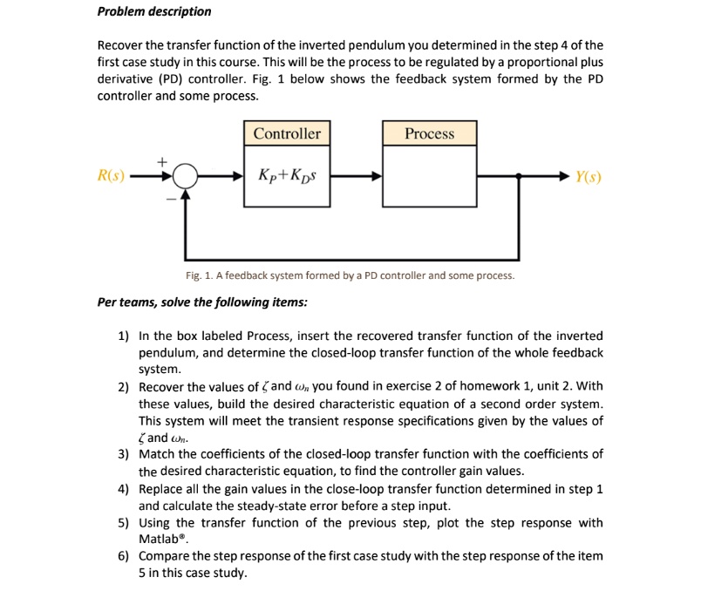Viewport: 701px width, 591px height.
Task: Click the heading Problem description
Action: (x=153, y=11)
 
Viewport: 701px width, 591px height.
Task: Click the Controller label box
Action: (x=287, y=133)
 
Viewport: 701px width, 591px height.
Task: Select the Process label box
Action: (x=429, y=133)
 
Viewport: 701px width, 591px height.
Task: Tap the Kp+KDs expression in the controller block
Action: (x=287, y=176)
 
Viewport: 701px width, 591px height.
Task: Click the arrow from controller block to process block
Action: (x=356, y=177)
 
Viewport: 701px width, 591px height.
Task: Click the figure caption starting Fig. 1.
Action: (x=350, y=275)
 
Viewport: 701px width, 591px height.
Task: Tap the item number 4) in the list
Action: (x=123, y=488)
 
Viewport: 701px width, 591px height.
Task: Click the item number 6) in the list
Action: (x=123, y=556)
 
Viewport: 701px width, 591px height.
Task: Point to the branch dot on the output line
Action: (x=520, y=177)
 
